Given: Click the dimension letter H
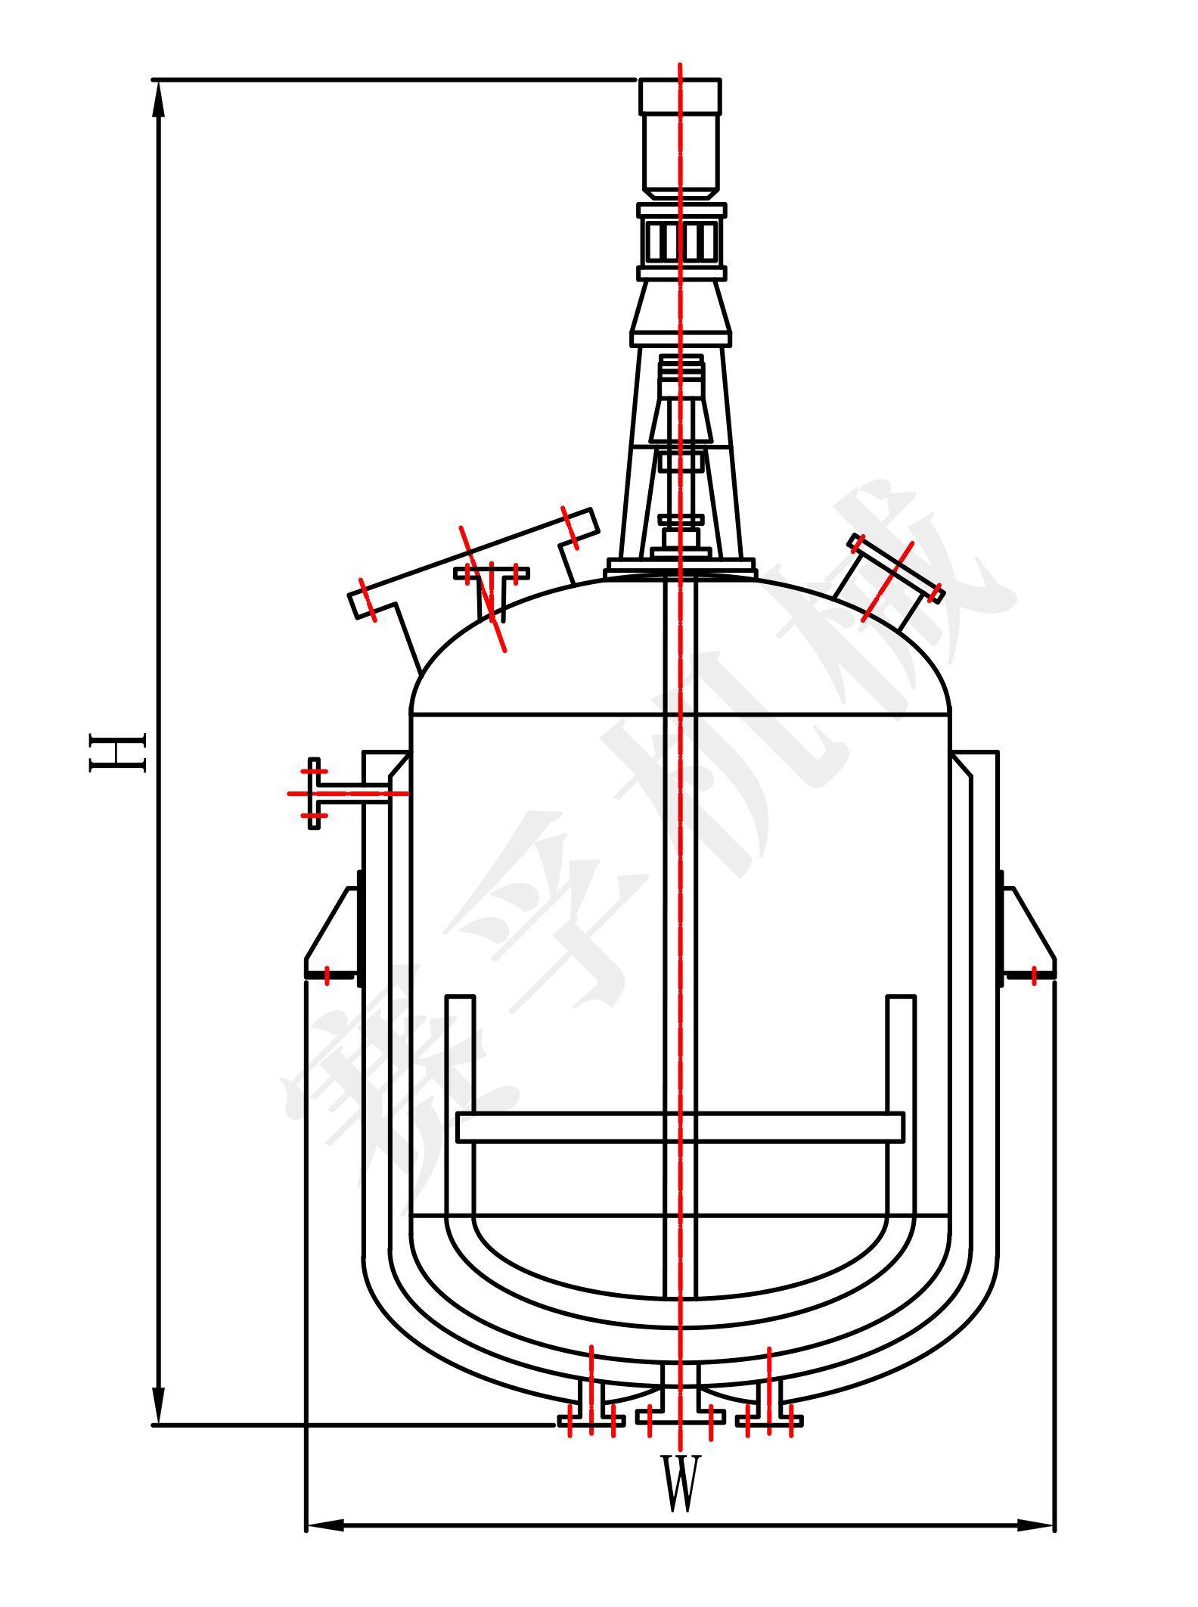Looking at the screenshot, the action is click(x=117, y=752).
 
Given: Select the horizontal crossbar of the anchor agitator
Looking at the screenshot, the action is click(x=681, y=1127).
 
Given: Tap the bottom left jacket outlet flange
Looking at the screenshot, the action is click(x=591, y=1412).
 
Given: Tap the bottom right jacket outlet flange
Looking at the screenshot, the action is click(x=769, y=1412).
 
